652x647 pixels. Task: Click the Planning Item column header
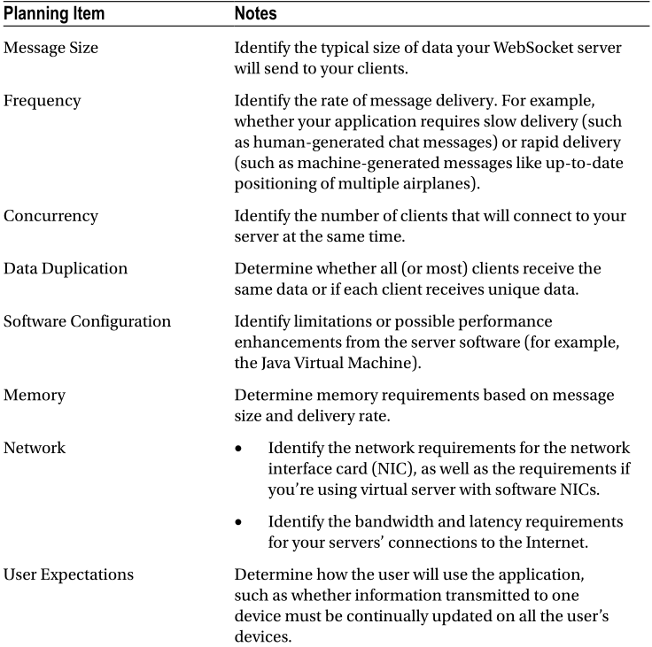[x=54, y=14]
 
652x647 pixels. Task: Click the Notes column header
[x=256, y=14]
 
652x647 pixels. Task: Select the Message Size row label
[x=50, y=48]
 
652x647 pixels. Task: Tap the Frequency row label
[x=43, y=101]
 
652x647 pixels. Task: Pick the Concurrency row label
[x=50, y=216]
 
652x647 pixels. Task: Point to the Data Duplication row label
[x=65, y=268]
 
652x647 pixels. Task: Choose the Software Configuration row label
[x=87, y=321]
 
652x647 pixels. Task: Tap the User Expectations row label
[x=69, y=574]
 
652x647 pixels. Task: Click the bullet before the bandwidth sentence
[x=240, y=522]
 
